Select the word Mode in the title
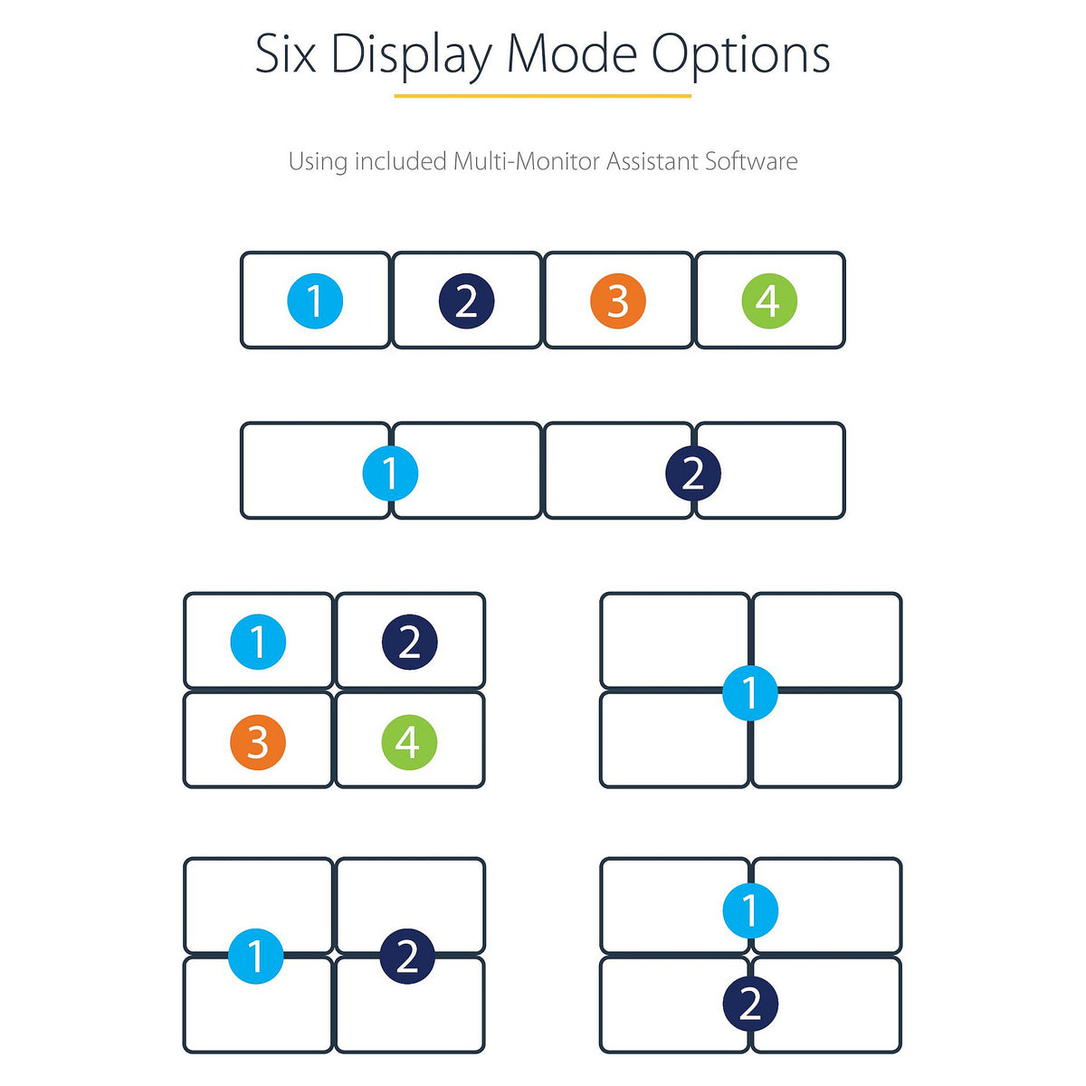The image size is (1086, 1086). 572,53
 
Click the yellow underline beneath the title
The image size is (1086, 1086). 542,96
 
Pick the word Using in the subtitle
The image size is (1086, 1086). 318,162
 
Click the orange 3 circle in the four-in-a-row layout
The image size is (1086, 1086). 618,300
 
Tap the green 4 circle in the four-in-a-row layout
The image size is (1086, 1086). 768,300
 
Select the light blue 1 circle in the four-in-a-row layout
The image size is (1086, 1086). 314,300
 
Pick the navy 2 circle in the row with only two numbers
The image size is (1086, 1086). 692,472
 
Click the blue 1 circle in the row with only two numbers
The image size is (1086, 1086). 390,472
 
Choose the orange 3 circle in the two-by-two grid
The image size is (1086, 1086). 258,742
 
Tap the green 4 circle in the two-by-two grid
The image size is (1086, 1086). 409,742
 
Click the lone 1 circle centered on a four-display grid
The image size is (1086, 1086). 749,692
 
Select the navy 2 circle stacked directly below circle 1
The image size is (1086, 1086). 749,1003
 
